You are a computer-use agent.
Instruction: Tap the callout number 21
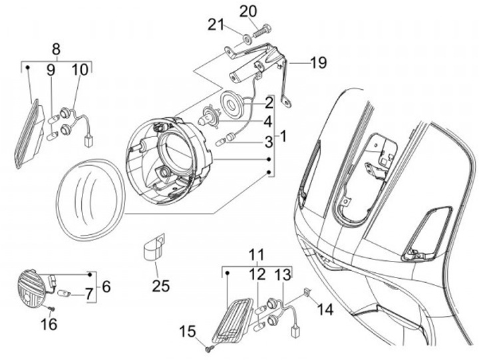(214, 25)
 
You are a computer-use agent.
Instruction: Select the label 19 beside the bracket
(318, 63)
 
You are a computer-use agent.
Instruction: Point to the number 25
(160, 287)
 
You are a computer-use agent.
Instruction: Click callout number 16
(49, 324)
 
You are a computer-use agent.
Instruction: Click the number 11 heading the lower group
(257, 254)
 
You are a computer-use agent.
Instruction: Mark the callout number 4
(267, 122)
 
